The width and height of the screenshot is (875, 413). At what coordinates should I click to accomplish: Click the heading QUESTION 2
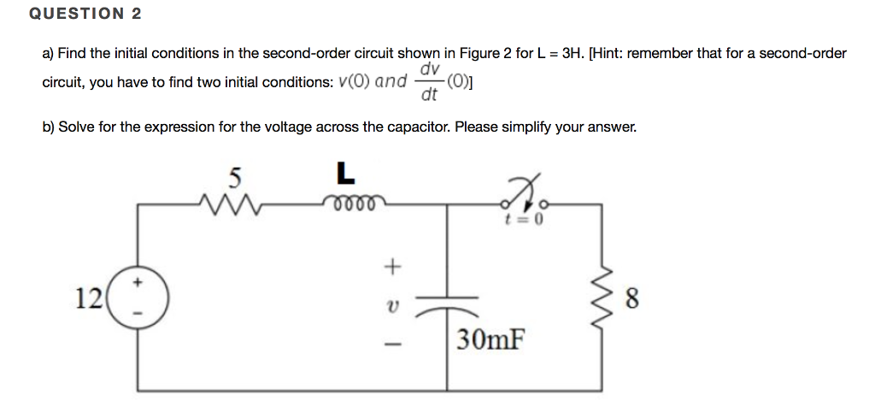point(85,14)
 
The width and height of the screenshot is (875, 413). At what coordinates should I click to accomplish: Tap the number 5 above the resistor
point(235,177)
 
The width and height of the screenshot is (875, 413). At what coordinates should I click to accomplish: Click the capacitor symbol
point(449,304)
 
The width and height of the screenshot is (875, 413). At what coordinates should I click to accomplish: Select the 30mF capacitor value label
point(489,340)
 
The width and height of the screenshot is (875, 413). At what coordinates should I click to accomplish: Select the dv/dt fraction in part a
point(429,81)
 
